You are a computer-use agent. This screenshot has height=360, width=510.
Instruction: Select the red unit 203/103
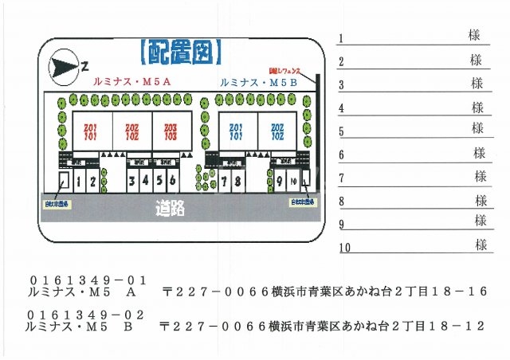[171, 131]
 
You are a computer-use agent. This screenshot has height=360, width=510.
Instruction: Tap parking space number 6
[172, 182]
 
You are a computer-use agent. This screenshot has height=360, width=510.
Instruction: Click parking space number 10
[294, 182]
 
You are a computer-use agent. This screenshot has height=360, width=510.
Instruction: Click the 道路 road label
[171, 209]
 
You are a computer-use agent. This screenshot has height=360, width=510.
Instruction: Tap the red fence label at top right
[296, 71]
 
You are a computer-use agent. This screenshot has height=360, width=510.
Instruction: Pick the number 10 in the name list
[344, 248]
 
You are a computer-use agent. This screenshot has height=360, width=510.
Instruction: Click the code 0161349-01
[88, 280]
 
